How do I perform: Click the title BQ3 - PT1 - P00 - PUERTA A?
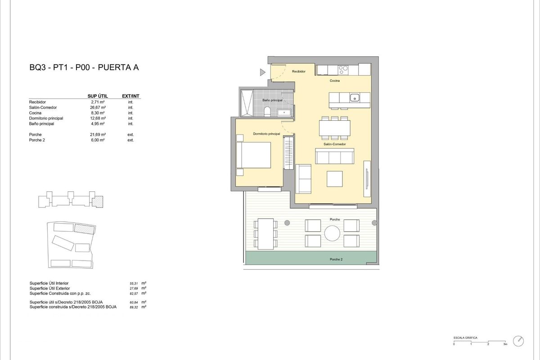point(84,68)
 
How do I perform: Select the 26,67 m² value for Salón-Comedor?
point(98,108)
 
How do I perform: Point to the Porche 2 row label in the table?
point(37,140)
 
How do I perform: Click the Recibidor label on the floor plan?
point(299,72)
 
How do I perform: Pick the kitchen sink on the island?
point(355,97)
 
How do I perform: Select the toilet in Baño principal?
point(267,112)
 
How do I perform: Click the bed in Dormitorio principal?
point(254,155)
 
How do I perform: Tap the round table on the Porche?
point(333,233)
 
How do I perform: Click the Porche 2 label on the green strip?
point(336,260)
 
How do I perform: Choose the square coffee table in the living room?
point(335,179)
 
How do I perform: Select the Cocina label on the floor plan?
point(334,81)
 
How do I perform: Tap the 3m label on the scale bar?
point(505,344)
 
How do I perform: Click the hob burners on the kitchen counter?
point(342,70)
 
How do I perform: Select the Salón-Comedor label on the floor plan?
point(334,144)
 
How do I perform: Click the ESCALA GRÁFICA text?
point(465,337)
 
